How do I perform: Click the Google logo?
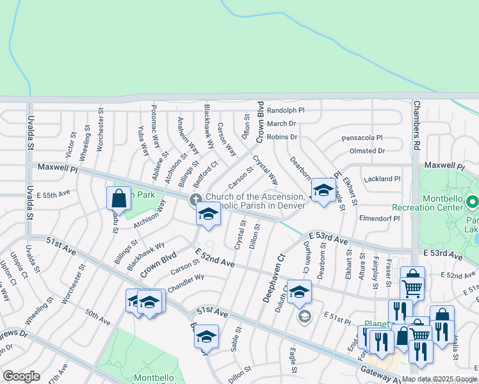(21, 376)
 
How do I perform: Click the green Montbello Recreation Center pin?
(473, 203)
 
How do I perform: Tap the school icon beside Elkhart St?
(323, 191)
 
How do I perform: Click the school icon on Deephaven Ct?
(299, 292)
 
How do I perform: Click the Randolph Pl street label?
(286, 110)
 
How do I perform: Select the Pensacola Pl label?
(362, 138)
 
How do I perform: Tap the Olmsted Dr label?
(367, 151)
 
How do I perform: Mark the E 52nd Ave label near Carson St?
(215, 259)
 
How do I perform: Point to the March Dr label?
(281, 124)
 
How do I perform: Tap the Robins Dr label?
(282, 137)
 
